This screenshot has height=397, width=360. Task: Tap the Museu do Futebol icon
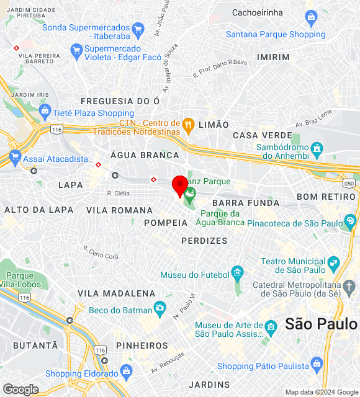coord(236,272)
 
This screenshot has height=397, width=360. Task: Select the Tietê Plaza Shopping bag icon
coord(45,112)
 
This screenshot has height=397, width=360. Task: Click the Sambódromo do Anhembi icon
coord(317,148)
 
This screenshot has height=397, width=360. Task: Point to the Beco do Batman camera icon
coord(160,308)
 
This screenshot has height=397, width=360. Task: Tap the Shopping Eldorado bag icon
coord(127,373)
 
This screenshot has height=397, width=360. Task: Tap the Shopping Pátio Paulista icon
coord(316,364)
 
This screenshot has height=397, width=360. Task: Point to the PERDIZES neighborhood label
coord(204,240)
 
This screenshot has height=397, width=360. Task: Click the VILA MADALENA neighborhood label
coord(116,293)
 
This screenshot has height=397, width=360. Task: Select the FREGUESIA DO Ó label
coord(120,100)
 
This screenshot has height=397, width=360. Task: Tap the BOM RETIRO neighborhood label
coord(328,197)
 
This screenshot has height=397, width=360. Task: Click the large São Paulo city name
coord(322,323)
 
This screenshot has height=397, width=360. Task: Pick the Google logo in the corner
coord(20,389)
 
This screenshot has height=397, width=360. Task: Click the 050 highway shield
coord(349,184)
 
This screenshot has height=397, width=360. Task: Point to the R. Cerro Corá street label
coord(101,252)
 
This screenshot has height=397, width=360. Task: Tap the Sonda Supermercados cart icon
coord(138,28)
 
